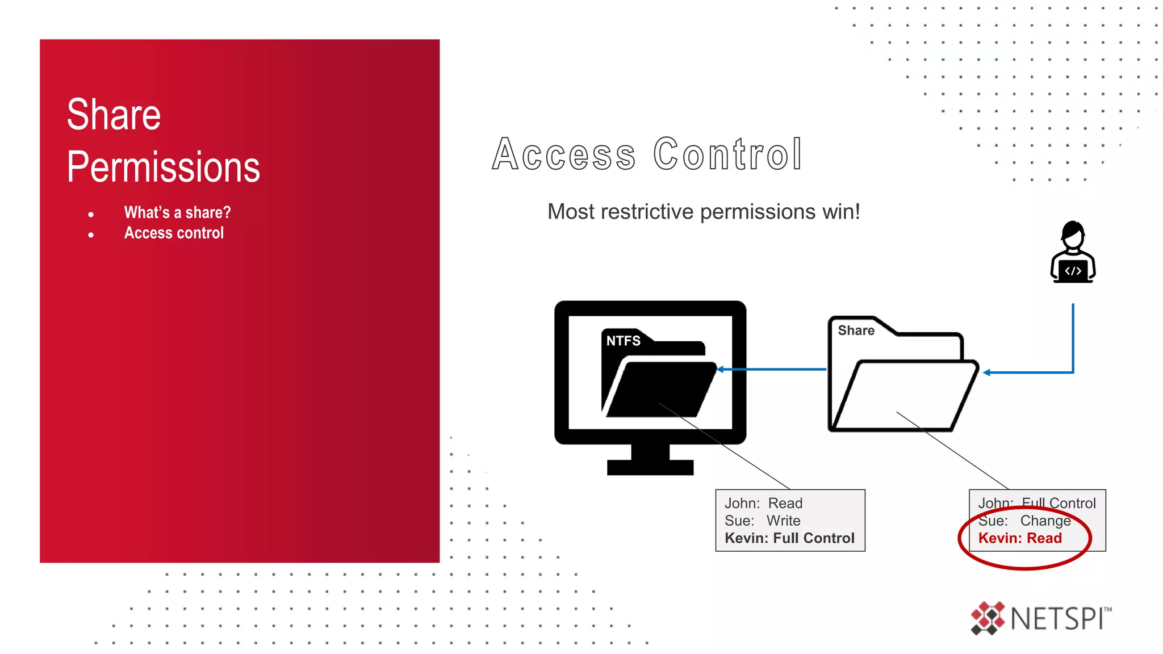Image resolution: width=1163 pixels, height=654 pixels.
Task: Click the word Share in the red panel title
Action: pyautogui.click(x=114, y=115)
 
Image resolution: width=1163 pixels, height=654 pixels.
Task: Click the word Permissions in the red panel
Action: pyautogui.click(x=164, y=167)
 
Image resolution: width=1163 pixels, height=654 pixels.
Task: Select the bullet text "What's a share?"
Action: pyautogui.click(x=177, y=212)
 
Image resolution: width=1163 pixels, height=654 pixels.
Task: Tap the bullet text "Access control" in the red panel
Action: pyautogui.click(x=174, y=233)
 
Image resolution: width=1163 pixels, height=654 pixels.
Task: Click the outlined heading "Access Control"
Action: pyautogui.click(x=647, y=154)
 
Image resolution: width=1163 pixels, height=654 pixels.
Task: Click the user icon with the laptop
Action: pyautogui.click(x=1073, y=253)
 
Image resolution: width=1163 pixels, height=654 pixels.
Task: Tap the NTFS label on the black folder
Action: pyautogui.click(x=623, y=341)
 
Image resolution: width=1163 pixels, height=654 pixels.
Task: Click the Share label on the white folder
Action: pyautogui.click(x=856, y=330)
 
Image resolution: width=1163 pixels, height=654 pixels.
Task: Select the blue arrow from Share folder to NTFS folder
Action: pyautogui.click(x=772, y=370)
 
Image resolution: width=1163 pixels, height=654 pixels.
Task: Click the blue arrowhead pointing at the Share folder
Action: pyautogui.click(x=987, y=372)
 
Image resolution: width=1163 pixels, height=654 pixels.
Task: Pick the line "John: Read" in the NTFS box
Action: pyautogui.click(x=763, y=503)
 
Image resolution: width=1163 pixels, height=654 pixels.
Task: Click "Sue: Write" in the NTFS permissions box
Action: pyautogui.click(x=762, y=521)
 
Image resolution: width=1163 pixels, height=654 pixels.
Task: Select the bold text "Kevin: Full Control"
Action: pyautogui.click(x=789, y=538)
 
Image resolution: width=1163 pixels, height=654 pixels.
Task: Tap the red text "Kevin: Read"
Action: pyautogui.click(x=1020, y=538)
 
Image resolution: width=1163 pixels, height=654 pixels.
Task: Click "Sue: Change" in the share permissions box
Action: pyautogui.click(x=1024, y=521)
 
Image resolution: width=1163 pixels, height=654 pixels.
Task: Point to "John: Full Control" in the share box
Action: pyautogui.click(x=1037, y=503)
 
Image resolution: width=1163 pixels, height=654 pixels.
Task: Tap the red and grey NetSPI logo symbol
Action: pyautogui.click(x=988, y=618)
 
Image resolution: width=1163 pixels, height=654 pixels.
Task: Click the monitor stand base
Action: pyautogui.click(x=650, y=467)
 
